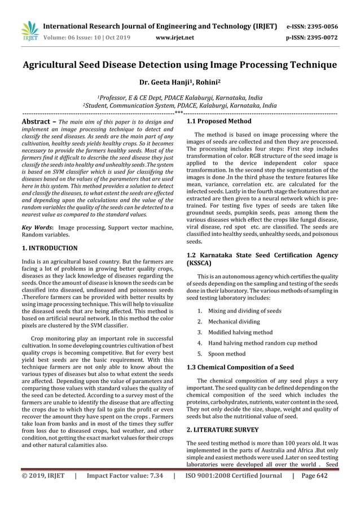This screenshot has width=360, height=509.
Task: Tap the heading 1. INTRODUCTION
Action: tap(50, 248)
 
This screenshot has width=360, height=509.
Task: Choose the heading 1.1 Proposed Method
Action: tap(219, 121)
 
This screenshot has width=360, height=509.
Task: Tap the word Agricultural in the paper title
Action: tap(56, 65)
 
